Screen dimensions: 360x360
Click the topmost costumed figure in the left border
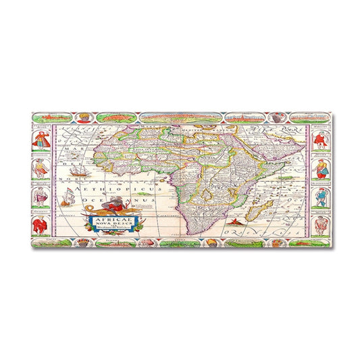pos(41,140)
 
